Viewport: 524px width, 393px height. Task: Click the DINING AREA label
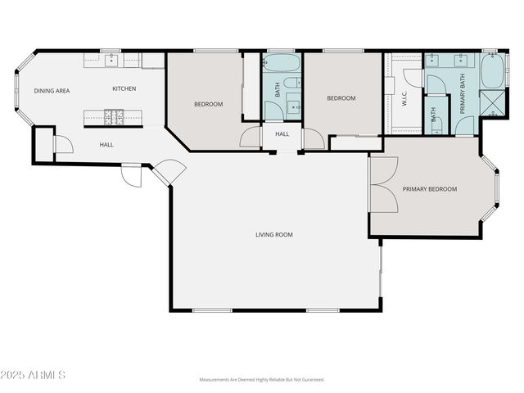51,91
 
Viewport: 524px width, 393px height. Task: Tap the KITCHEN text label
124,88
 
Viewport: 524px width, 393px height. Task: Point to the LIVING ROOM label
273,235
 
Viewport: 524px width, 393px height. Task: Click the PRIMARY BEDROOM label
429,189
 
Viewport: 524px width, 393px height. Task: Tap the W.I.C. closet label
404,100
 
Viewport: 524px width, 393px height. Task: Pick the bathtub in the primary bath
493,72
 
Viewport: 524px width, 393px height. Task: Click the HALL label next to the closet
106,145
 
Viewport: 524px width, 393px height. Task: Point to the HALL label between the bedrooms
282,134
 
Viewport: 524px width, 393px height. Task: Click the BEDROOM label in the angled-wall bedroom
208,104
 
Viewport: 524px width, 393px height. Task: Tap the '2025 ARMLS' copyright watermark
34,375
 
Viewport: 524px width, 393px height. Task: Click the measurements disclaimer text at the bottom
262,380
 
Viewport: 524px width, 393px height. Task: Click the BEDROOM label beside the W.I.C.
341,98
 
